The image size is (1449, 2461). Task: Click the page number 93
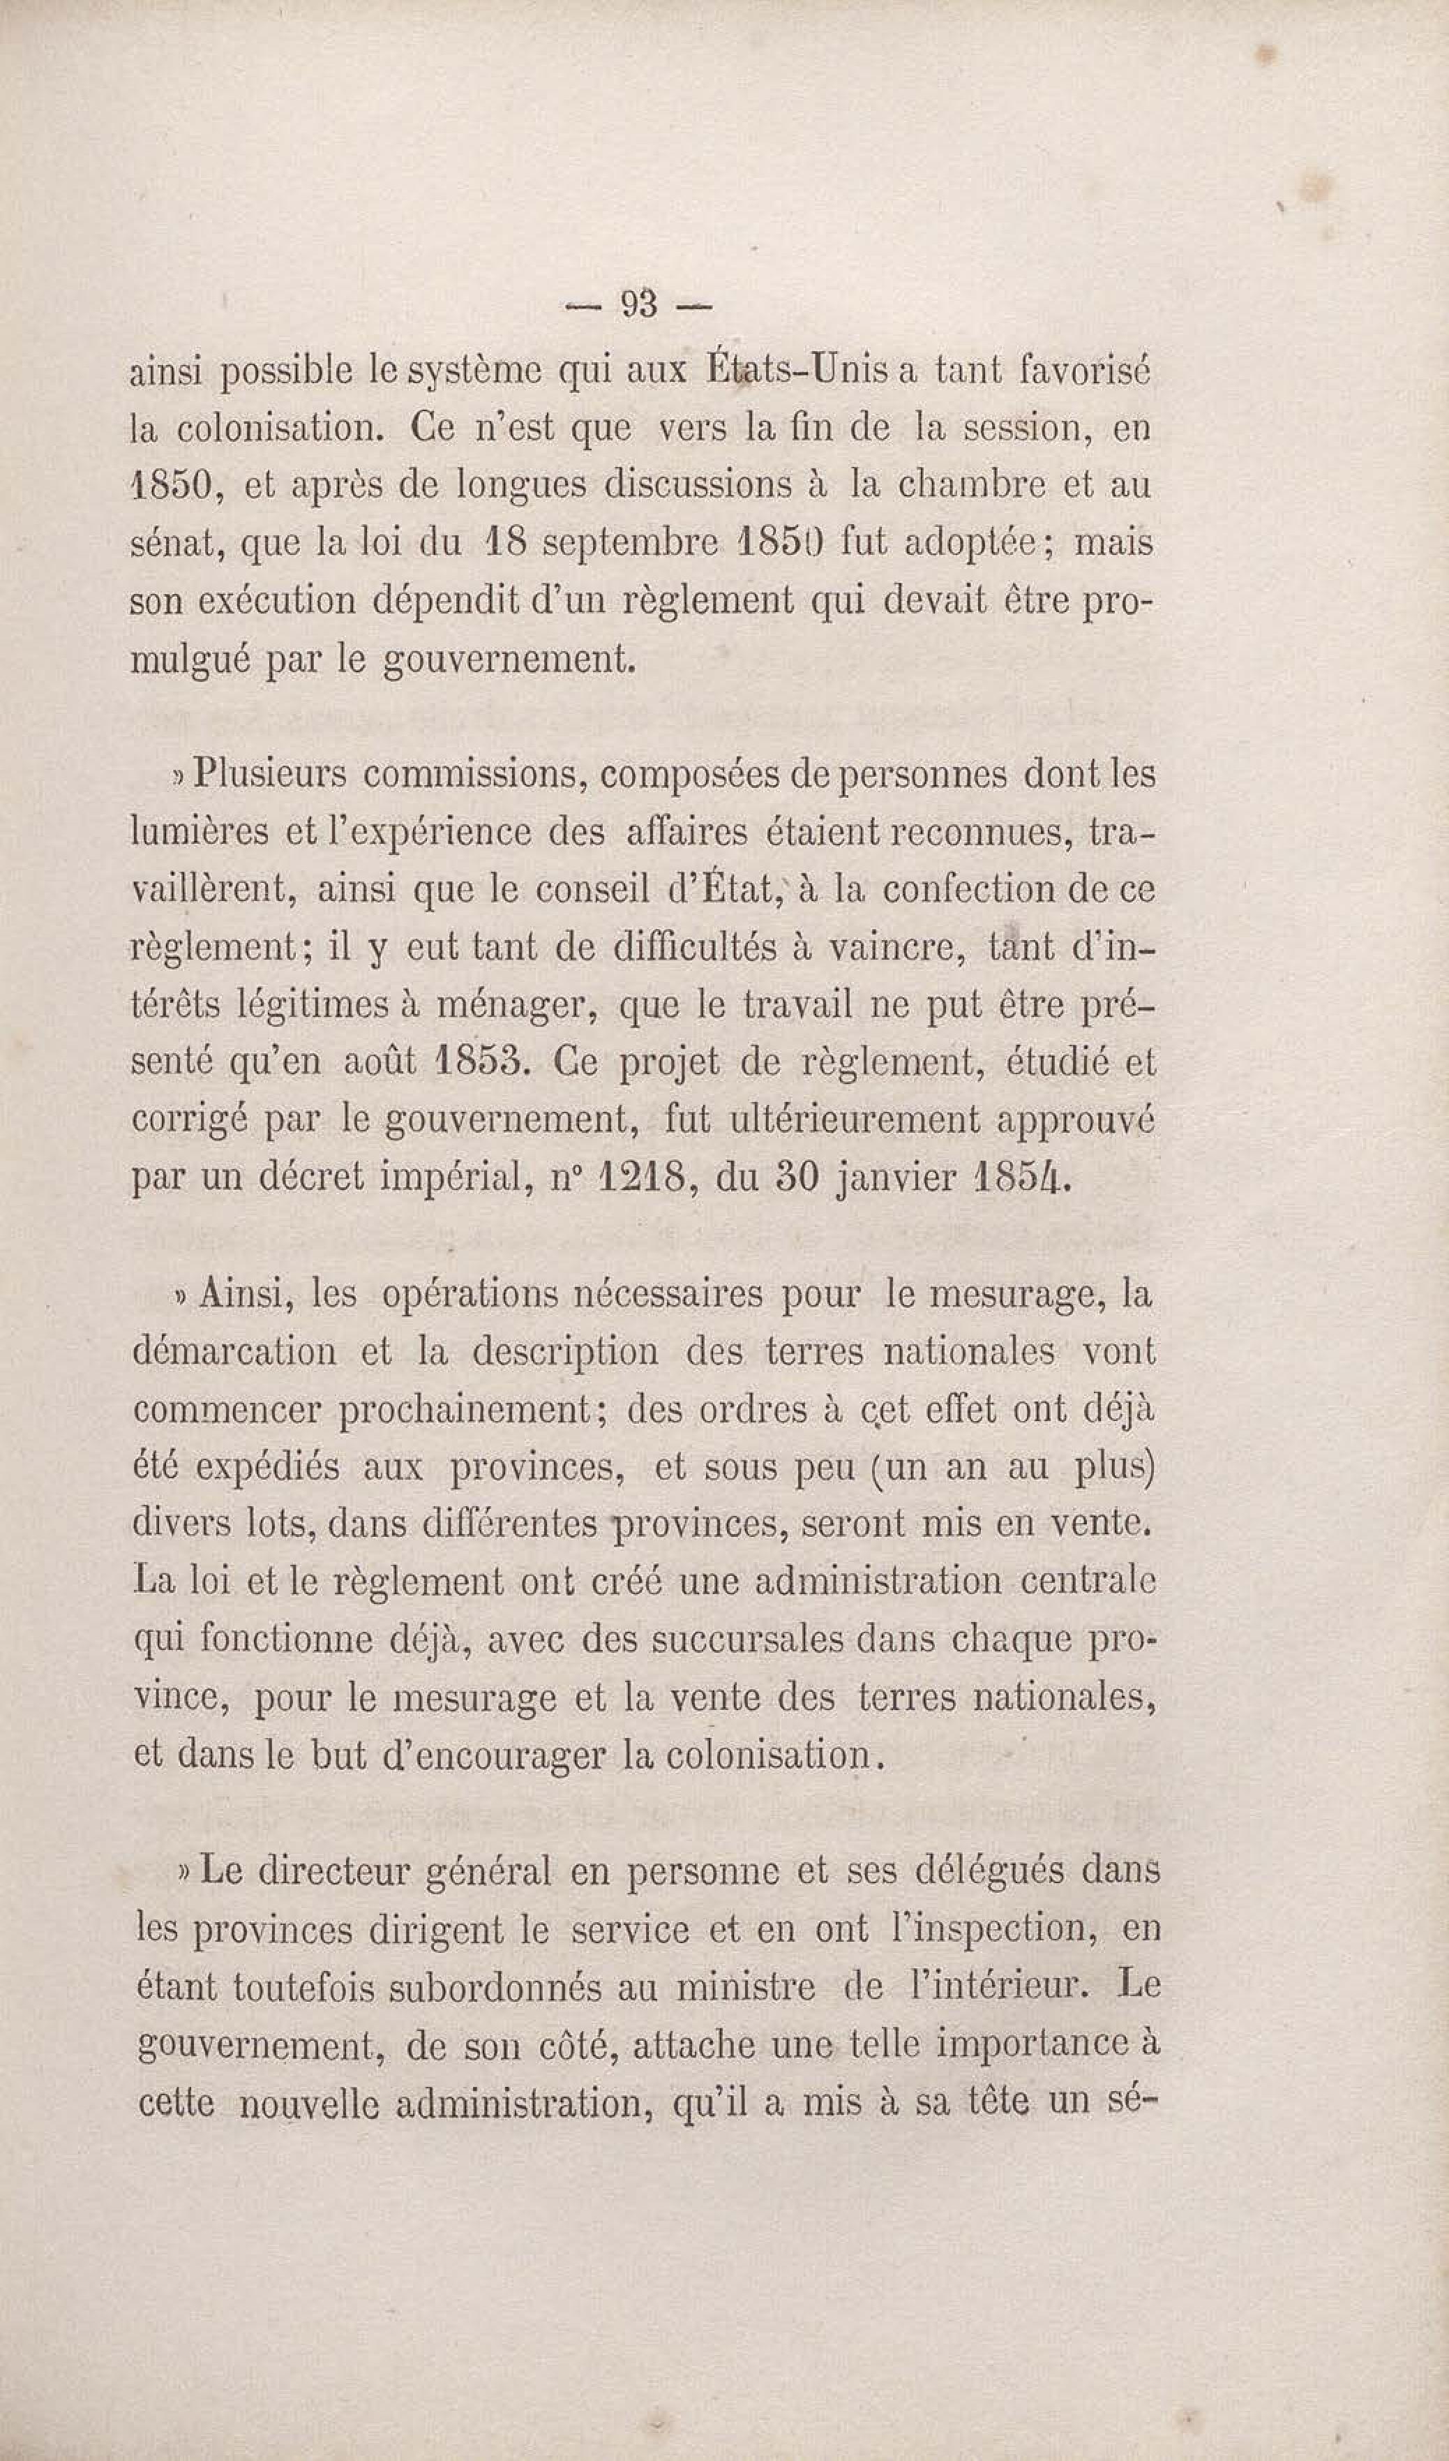tap(640, 306)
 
